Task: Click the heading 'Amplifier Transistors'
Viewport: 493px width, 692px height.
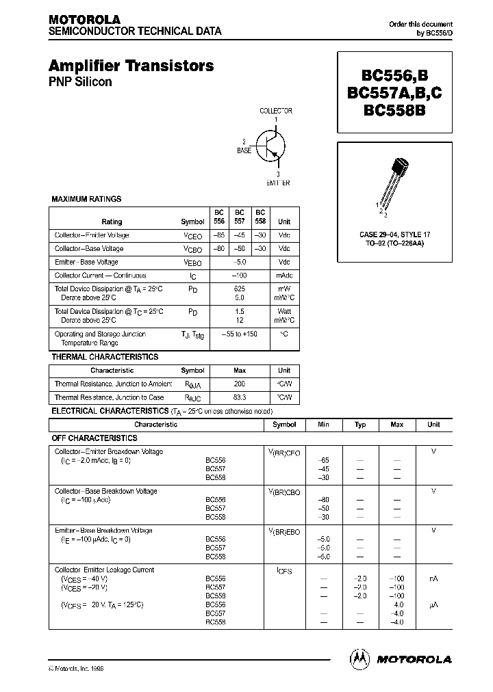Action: tap(131, 66)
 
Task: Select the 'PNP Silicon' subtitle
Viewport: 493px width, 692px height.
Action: tap(80, 82)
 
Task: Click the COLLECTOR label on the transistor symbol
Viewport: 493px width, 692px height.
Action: tap(275, 111)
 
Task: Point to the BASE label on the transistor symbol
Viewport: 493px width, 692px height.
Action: tap(244, 149)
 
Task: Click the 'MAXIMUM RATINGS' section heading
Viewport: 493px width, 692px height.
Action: tap(86, 199)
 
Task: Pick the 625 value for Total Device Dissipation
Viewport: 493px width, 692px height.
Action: tap(240, 289)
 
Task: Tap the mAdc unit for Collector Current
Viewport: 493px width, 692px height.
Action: tap(283, 276)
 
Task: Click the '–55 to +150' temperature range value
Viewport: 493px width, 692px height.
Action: tap(239, 334)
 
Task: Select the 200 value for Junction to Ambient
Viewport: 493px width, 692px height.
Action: tap(239, 384)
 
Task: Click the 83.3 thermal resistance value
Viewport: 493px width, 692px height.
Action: tap(239, 397)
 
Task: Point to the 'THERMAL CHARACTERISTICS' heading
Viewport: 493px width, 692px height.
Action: tap(105, 357)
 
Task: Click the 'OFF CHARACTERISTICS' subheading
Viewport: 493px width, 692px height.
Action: tap(94, 438)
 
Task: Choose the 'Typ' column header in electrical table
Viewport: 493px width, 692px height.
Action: tap(360, 425)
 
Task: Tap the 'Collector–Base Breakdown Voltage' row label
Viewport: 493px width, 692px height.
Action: tap(105, 491)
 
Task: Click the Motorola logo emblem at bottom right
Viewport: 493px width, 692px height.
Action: tap(358, 658)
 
